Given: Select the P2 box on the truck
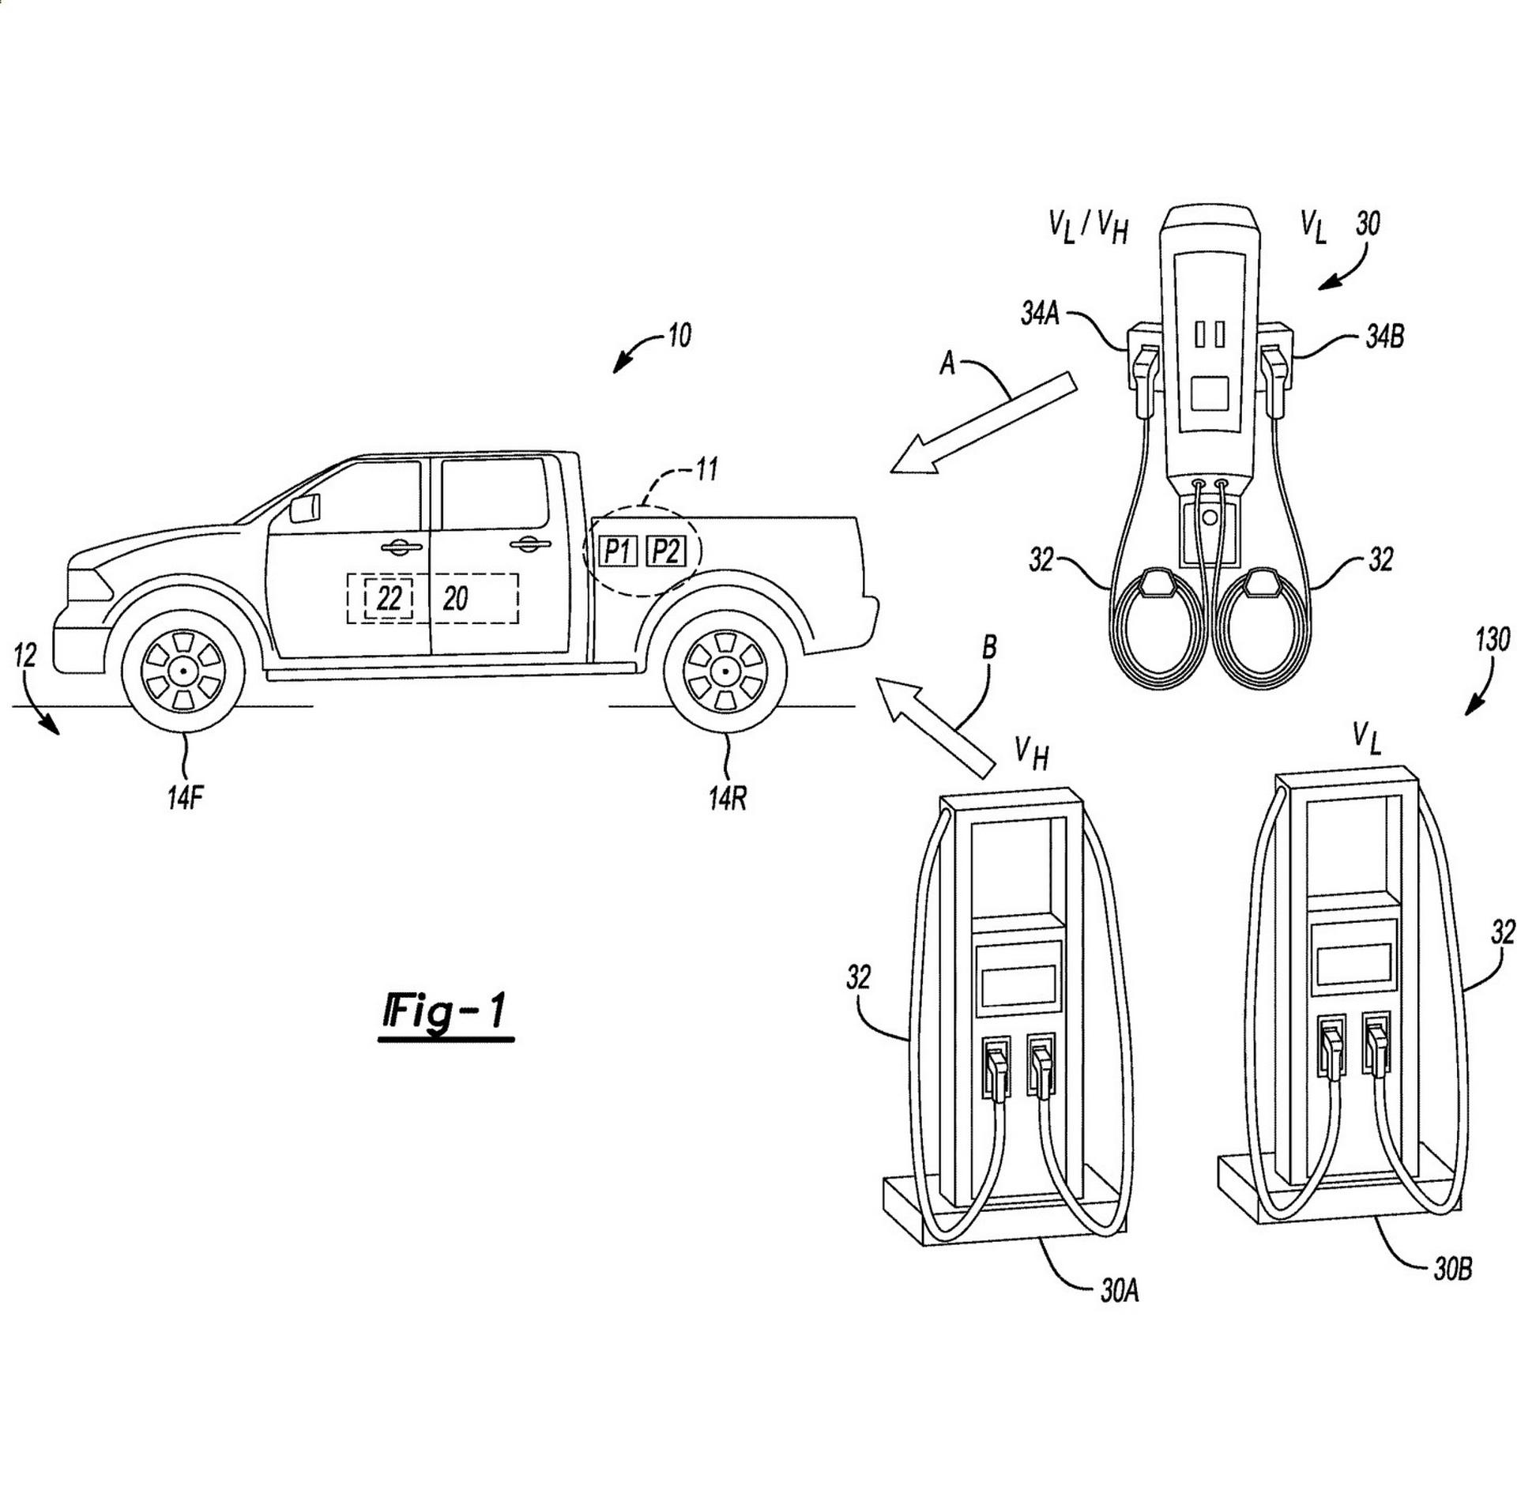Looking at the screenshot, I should pos(666,551).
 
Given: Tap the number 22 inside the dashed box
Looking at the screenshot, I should pos(389,599).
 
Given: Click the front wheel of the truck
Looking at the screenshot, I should pos(183,671).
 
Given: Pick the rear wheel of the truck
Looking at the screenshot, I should pos(725,671).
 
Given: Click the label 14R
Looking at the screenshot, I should pos(727,799).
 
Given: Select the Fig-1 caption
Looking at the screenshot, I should pos(446,1013).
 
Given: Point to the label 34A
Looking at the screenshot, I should pos(1040,315).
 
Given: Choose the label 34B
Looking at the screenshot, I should pos(1385,337).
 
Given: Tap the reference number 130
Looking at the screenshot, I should pos(1491,639).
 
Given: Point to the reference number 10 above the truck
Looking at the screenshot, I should pos(679,336).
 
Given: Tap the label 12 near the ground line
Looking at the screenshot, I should pos(25,655).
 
